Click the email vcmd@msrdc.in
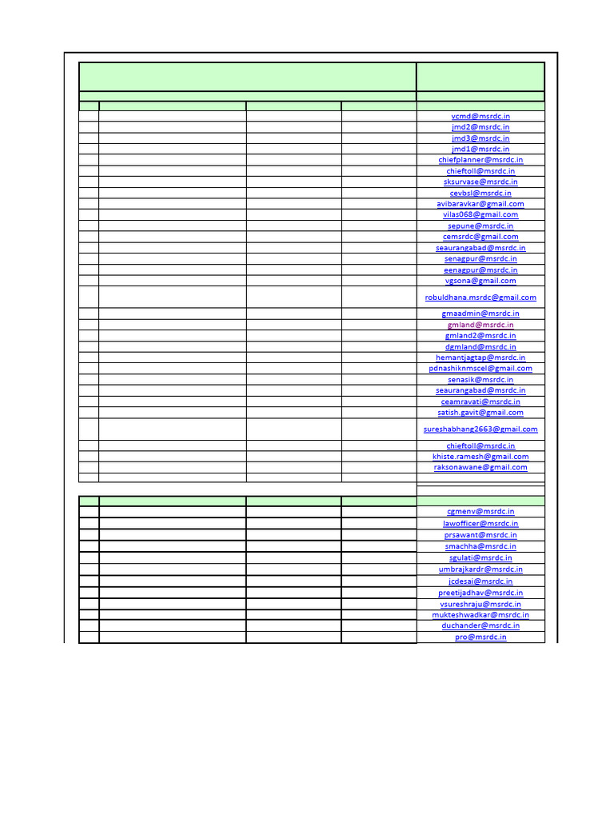click(x=480, y=116)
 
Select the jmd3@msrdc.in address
click(x=480, y=138)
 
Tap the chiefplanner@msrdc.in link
click(x=480, y=160)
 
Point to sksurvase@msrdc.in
click(x=480, y=182)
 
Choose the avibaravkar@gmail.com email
click(x=480, y=204)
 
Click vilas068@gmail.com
click(x=480, y=214)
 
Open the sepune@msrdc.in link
click(x=480, y=226)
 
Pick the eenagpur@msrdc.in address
click(x=480, y=270)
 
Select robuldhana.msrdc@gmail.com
click(x=480, y=298)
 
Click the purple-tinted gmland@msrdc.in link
click(x=480, y=325)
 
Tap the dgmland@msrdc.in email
click(x=480, y=347)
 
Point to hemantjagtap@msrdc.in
click(x=480, y=358)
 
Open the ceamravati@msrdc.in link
click(x=480, y=402)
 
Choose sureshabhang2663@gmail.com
click(x=480, y=429)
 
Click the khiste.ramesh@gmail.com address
click(x=480, y=457)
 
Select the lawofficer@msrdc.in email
click(x=480, y=523)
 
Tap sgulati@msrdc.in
click(x=480, y=557)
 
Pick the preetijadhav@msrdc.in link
click(x=480, y=593)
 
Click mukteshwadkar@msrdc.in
click(x=480, y=615)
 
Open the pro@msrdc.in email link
click(x=480, y=637)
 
